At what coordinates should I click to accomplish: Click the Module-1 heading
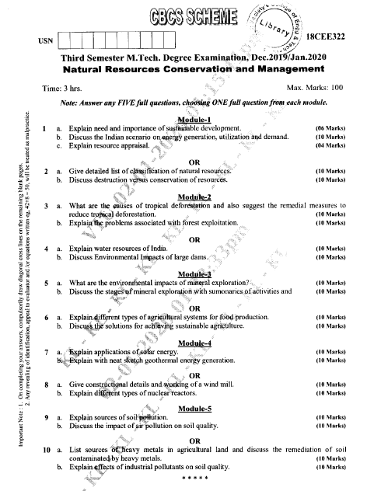pos(200,120)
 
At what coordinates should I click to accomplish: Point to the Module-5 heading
pos(200,408)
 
